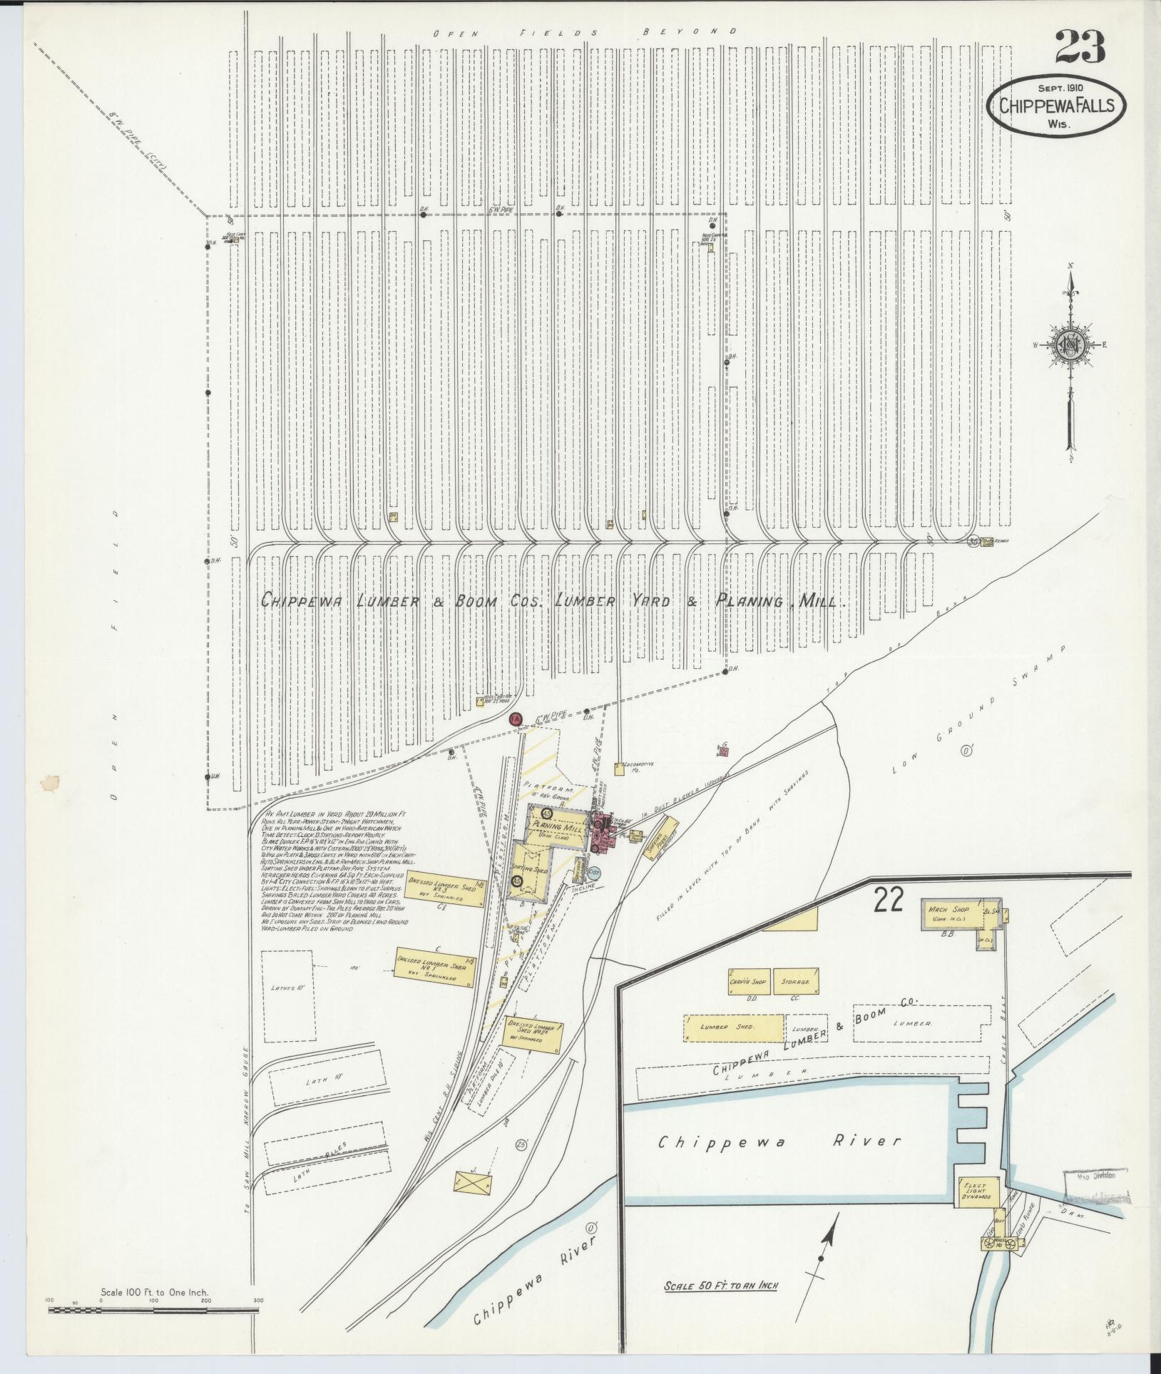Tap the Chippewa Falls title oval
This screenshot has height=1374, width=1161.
click(1055, 106)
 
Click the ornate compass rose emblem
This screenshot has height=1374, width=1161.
click(1070, 344)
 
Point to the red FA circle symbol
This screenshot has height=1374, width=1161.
click(516, 719)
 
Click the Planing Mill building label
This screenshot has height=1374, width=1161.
click(558, 826)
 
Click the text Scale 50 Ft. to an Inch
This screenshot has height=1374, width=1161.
click(720, 1286)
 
